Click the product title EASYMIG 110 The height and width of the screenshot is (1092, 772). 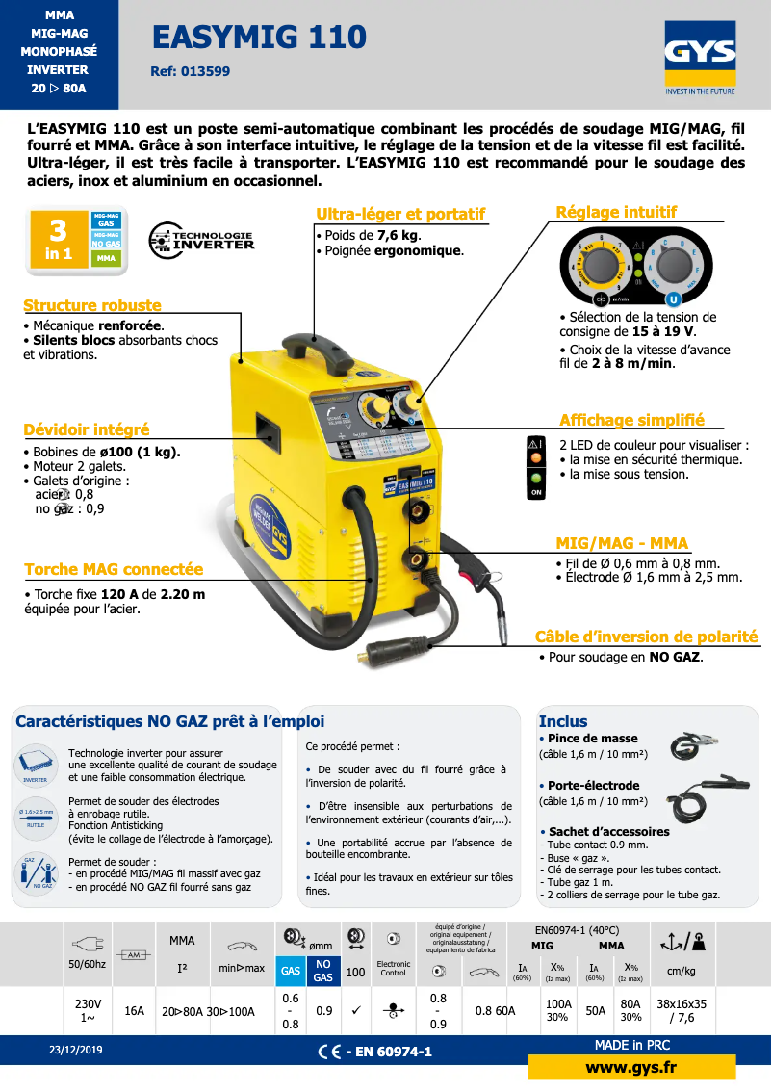tap(259, 38)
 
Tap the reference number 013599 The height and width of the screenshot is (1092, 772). tap(191, 71)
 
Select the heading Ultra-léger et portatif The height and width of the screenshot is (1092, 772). tap(400, 214)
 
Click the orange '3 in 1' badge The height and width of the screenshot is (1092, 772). tap(59, 240)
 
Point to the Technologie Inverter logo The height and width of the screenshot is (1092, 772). tap(201, 240)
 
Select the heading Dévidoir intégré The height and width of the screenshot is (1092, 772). tap(87, 429)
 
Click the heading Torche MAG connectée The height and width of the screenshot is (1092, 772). tap(114, 570)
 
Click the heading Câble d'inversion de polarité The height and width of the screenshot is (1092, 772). tap(647, 637)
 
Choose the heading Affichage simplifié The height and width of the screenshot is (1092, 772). tap(631, 420)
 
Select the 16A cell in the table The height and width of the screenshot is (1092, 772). tap(135, 1011)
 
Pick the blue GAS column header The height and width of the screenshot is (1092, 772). tap(290, 971)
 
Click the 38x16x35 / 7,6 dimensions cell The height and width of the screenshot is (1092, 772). tap(682, 1010)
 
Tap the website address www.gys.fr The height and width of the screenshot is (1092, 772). tap(630, 1067)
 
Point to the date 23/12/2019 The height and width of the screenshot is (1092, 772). tap(76, 1050)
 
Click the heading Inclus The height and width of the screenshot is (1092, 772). tap(563, 721)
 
